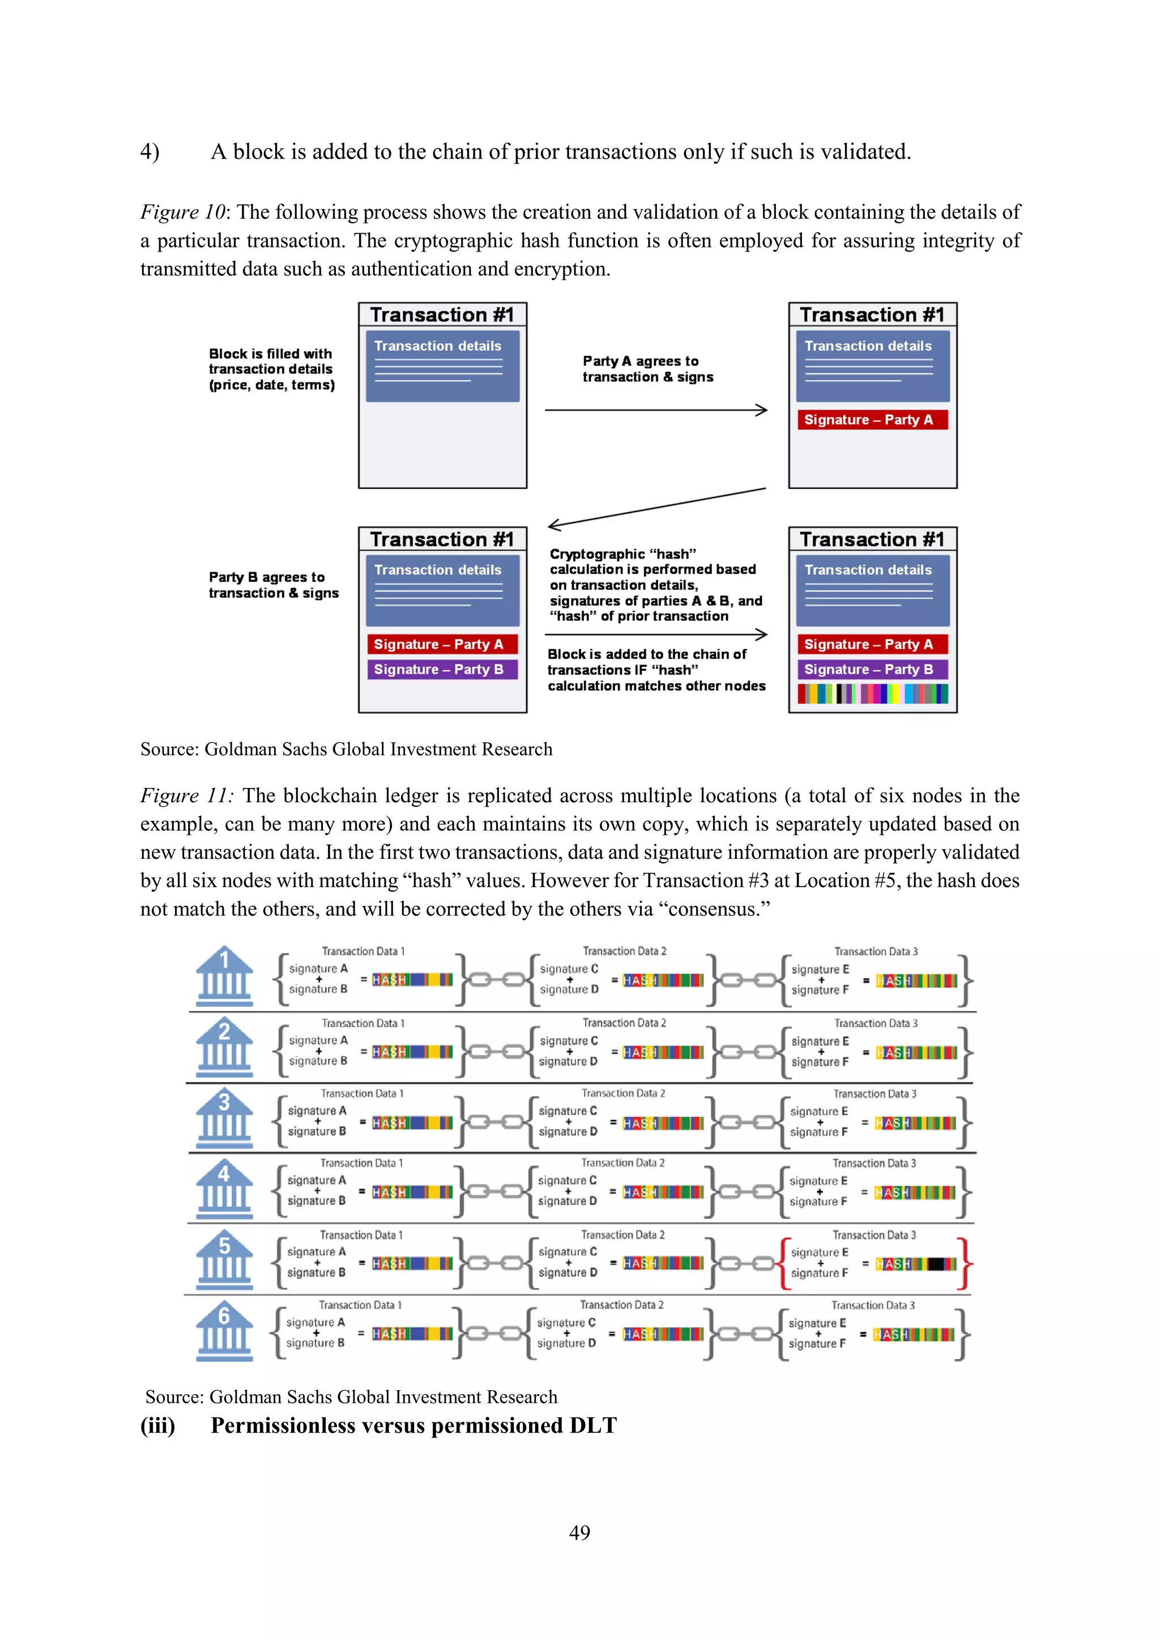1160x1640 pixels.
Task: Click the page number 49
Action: [x=579, y=1532]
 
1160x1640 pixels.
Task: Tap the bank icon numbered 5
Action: [x=224, y=1262]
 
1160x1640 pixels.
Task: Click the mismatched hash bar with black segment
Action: [x=916, y=1264]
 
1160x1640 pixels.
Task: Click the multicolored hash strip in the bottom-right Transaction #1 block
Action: [x=873, y=693]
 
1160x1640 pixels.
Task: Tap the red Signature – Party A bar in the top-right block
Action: [x=872, y=420]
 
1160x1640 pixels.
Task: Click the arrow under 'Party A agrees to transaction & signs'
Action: [x=656, y=410]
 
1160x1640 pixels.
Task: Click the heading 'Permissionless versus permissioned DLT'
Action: [x=413, y=1426]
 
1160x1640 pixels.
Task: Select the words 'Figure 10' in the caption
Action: [x=183, y=212]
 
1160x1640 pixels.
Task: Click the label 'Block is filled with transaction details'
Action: [x=271, y=369]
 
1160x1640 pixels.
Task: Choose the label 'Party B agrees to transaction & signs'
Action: [x=273, y=585]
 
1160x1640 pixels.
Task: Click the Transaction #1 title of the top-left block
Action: [x=442, y=315]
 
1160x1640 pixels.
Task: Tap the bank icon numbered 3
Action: [x=224, y=1119]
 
